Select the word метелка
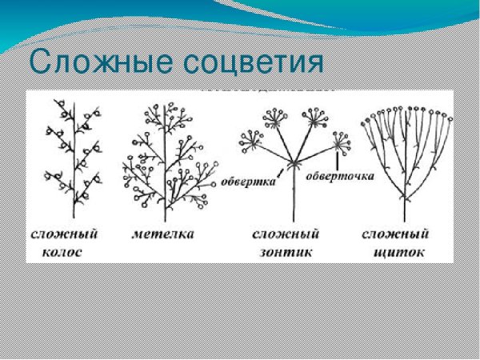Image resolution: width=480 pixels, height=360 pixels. pos(166,234)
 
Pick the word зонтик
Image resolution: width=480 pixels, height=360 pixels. pos(286,253)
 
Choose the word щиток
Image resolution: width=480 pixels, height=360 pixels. pos(394,253)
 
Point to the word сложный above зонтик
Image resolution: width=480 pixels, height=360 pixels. pos(286,234)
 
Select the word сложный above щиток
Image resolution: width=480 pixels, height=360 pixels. pos(394,234)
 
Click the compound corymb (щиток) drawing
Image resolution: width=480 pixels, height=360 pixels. pos(403,156)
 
